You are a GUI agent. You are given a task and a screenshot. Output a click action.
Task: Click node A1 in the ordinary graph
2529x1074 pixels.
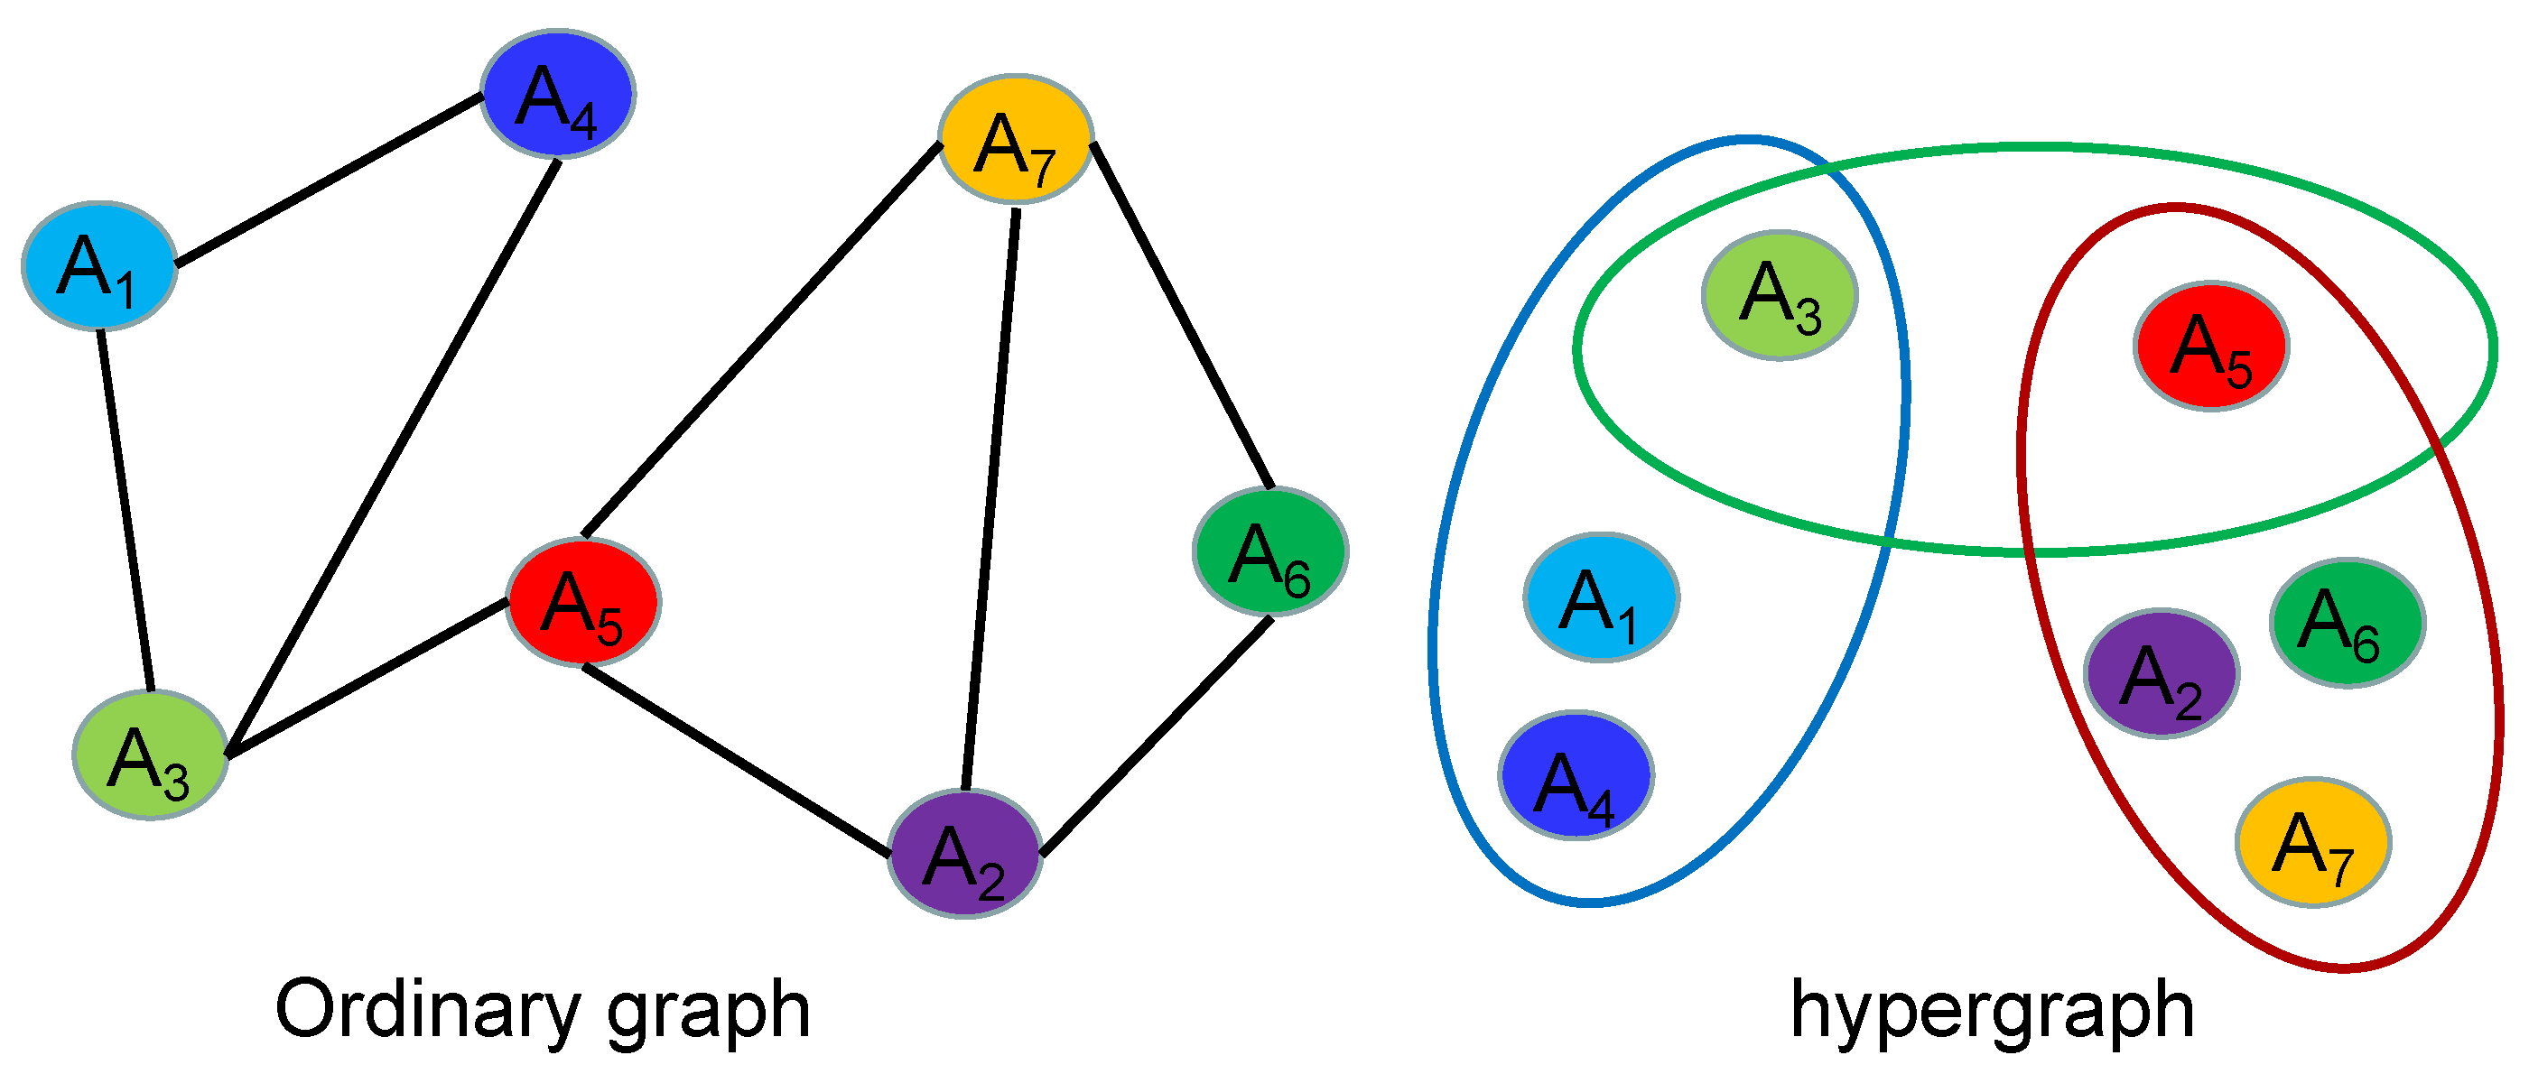click(x=99, y=266)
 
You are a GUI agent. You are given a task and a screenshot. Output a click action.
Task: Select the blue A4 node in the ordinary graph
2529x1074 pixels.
click(x=558, y=94)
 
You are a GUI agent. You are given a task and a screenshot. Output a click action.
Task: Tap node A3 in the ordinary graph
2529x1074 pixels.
click(x=150, y=755)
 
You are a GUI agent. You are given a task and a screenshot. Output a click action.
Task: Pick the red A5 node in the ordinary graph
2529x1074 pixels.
click(x=584, y=602)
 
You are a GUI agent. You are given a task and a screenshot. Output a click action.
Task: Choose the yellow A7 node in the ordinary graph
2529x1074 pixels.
click(x=1016, y=138)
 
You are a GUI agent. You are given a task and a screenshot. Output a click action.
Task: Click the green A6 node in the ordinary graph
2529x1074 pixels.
click(x=1270, y=551)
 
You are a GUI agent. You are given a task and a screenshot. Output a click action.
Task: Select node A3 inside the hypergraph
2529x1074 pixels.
click(x=1779, y=295)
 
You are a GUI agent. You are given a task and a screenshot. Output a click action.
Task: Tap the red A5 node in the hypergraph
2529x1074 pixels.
click(x=2211, y=347)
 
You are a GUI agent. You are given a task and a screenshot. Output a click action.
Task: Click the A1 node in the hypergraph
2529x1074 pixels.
click(x=1601, y=597)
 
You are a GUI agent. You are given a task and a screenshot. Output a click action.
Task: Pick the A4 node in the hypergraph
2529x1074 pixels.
click(x=1576, y=774)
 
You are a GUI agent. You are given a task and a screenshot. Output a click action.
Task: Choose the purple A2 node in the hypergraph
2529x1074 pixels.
click(x=2161, y=673)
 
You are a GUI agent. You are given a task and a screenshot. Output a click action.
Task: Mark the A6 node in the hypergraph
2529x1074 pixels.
click(x=2348, y=623)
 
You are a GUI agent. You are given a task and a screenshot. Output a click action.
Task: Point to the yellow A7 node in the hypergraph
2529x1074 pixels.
click(x=2313, y=842)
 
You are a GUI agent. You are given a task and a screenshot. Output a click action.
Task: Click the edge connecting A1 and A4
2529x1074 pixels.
click(x=329, y=180)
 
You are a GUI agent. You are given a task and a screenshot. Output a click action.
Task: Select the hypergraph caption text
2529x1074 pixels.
click(x=1992, y=1011)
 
